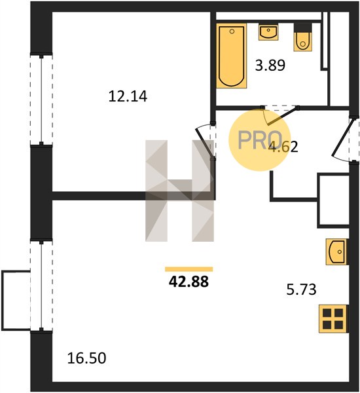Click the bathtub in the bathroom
pos(232,56)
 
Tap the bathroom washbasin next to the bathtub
pos(268,32)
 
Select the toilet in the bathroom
pos(303,37)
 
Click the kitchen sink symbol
pos(336,252)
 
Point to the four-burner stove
pos(333,318)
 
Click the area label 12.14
pos(128,96)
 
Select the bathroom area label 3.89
pos(270,65)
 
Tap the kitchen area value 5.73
pos(301,290)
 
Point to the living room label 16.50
pos(86,358)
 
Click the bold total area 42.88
pos(189,282)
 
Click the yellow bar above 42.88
pos(189,269)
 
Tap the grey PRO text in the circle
pos(260,140)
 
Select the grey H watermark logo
pos(179,191)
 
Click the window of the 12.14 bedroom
pos(41,100)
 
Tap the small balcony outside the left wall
pos(16,300)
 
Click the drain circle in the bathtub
pos(232,31)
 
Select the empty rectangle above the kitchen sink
pos(333,200)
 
